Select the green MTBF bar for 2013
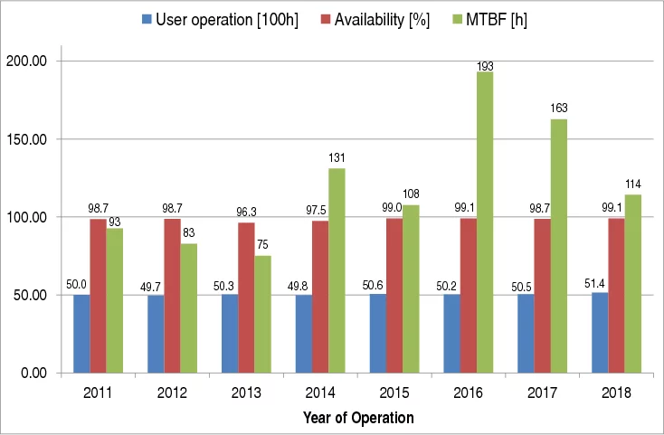click(262, 314)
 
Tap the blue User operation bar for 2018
click(599, 333)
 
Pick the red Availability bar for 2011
click(98, 296)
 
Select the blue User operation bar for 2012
click(155, 334)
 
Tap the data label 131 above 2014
click(337, 160)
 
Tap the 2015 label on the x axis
click(394, 393)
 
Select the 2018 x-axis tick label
click(617, 393)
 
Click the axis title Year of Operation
click(357, 418)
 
